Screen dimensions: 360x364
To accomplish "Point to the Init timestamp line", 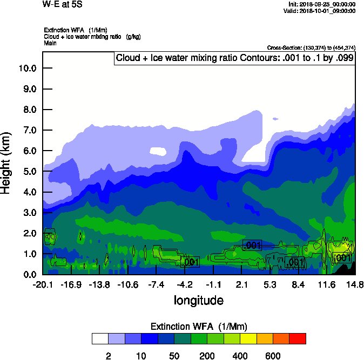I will point(322,4).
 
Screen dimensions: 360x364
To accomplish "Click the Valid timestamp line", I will point(322,11).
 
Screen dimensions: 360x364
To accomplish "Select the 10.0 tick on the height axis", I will point(28,69).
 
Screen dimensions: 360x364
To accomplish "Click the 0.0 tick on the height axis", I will point(30,275).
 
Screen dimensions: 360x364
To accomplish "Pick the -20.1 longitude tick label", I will point(43,284).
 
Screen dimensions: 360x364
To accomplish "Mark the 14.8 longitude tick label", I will point(355,284).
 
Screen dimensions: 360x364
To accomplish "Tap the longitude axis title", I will point(198,300).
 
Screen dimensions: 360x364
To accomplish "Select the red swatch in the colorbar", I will point(298,339).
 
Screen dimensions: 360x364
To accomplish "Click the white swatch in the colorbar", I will point(100,339).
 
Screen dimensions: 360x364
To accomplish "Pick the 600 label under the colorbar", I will point(273,356).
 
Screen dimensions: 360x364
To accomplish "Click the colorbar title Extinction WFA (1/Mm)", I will point(198,327).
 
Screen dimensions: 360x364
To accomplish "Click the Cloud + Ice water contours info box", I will point(234,58).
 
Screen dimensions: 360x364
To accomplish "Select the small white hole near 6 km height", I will point(158,152).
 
